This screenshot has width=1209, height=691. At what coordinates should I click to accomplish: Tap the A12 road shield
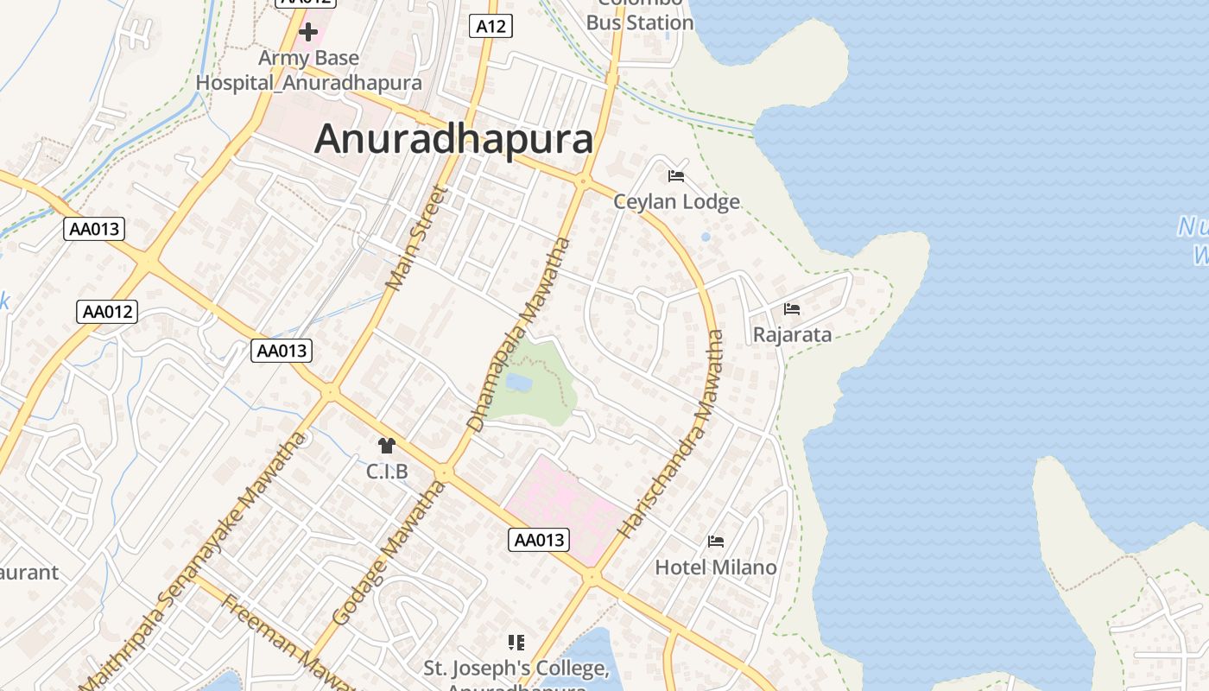click(491, 27)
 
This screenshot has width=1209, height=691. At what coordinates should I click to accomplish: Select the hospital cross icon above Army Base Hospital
click(308, 33)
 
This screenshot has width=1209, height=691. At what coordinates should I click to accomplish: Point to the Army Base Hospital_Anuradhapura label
click(309, 71)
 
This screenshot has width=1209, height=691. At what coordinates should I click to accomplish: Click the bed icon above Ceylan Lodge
click(676, 177)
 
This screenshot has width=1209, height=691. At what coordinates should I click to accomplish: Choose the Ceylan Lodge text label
click(676, 202)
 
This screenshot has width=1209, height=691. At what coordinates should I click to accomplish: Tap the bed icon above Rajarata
click(792, 309)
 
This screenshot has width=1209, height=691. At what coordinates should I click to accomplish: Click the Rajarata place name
click(792, 335)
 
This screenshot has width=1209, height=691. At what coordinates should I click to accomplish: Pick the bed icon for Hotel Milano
click(716, 542)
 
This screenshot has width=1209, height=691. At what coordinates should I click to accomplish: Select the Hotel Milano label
click(716, 567)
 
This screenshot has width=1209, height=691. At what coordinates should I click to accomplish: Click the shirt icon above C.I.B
click(386, 446)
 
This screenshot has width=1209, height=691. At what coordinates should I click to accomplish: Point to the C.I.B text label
click(386, 472)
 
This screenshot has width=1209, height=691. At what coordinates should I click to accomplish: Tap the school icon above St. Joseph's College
click(516, 643)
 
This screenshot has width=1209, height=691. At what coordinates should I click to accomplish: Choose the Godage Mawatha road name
click(389, 553)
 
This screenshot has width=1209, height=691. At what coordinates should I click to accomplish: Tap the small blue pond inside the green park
click(518, 382)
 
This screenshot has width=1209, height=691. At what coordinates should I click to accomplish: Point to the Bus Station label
click(640, 23)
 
